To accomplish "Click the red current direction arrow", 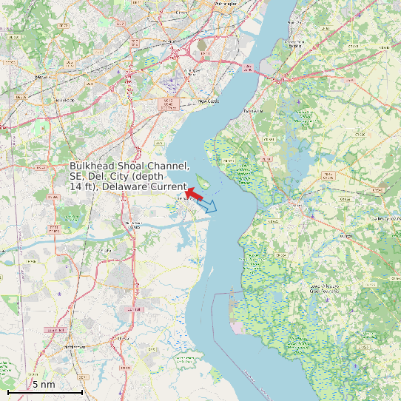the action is [193, 193].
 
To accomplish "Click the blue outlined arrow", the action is [209, 206].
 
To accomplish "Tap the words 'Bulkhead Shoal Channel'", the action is [129, 166].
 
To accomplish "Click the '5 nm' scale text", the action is [44, 385].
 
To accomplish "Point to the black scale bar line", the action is [44, 392].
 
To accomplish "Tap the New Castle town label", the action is [209, 101].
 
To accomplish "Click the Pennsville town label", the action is [253, 111].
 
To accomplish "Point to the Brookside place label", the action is [65, 99].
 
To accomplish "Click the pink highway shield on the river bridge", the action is [249, 68].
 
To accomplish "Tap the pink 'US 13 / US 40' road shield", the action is [169, 103].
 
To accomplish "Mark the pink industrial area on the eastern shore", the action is [237, 326].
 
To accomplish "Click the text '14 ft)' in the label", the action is [83, 188].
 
